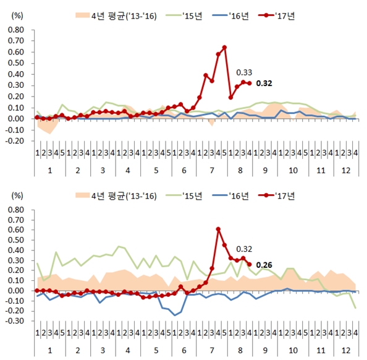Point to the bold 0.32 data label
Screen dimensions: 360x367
pyautogui.click(x=264, y=83)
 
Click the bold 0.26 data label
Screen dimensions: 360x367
pyautogui.click(x=264, y=264)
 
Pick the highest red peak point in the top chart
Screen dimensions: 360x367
pyautogui.click(x=224, y=47)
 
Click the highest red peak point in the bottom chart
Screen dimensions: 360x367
pyautogui.click(x=218, y=229)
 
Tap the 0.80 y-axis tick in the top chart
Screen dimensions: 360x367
pyautogui.click(x=15, y=29)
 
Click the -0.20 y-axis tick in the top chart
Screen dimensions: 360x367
pyautogui.click(x=14, y=140)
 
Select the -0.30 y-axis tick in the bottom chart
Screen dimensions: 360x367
pyautogui.click(x=14, y=321)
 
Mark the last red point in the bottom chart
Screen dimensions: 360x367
pyautogui.click(x=249, y=264)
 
